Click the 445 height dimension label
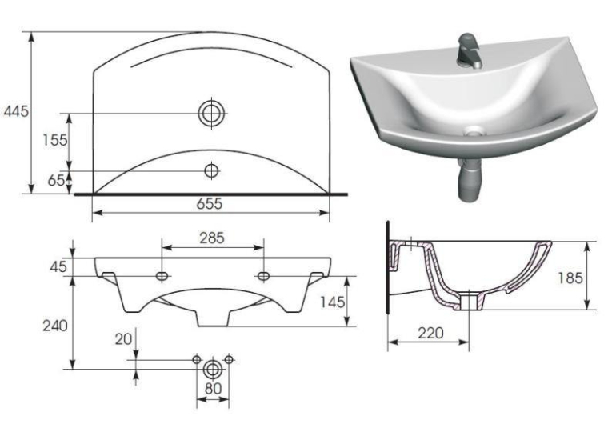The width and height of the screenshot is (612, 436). point(16,112)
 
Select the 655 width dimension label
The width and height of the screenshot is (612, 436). point(210,204)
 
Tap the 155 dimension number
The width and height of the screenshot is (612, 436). point(55,140)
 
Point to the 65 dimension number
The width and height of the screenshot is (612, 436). point(56,180)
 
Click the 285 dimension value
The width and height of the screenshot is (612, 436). point(212,238)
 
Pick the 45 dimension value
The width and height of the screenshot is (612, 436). point(58,267)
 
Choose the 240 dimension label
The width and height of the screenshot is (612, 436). point(55,326)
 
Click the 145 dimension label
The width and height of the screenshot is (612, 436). point(333,302)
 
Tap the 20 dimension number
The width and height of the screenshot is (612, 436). point(123,339)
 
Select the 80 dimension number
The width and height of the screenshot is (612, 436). point(213,389)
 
